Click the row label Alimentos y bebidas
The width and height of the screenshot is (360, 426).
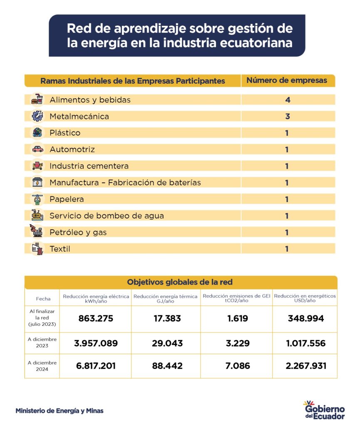click(90, 100)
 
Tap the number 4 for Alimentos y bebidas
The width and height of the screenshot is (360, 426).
click(287, 100)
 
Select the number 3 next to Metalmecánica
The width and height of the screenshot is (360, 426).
click(287, 116)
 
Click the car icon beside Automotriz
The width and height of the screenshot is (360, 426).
click(37, 149)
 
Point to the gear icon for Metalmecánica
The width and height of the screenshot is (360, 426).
click(37, 116)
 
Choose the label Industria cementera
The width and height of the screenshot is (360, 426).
click(89, 166)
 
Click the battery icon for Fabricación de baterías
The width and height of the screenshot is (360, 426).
click(37, 183)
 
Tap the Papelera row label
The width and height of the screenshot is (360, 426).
click(67, 199)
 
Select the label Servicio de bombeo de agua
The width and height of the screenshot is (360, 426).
click(107, 216)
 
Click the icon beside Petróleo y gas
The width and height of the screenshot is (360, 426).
click(37, 231)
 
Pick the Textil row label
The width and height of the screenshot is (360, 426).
click(60, 249)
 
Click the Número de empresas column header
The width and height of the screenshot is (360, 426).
click(287, 80)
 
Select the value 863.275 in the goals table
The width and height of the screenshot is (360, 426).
click(96, 319)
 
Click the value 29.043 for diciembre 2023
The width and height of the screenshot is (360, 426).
click(166, 343)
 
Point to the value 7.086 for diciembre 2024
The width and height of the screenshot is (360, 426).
click(236, 366)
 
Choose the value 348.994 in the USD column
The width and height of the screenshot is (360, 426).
click(305, 319)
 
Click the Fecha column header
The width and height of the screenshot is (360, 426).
click(43, 298)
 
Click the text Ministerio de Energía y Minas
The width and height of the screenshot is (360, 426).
click(59, 411)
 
